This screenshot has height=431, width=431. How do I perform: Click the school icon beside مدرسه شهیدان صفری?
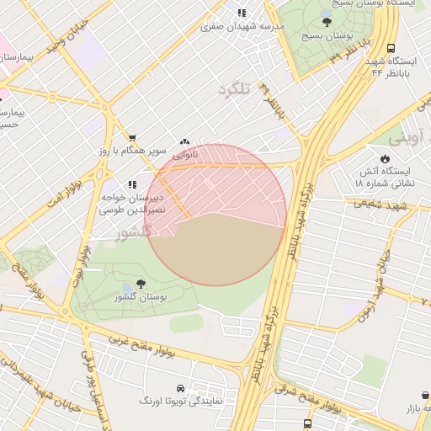tap(242, 13)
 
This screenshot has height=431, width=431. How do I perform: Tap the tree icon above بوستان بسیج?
tap(327, 22)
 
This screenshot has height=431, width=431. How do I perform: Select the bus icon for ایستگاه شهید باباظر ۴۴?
tap(391, 49)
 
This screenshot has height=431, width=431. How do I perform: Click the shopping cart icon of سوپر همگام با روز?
tap(132, 137)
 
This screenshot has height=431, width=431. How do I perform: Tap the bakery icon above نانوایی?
tap(184, 142)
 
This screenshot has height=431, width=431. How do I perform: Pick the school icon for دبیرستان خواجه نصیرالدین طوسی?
tap(131, 184)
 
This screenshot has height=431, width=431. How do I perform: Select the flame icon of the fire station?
tap(385, 158)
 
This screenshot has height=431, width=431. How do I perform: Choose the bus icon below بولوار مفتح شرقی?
tap(307, 423)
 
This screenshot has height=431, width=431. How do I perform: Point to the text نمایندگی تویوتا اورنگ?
tap(181, 401)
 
